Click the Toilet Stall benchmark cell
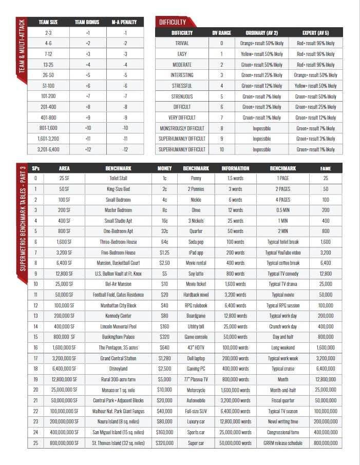(x=118, y=178)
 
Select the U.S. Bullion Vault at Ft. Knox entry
(x=118, y=274)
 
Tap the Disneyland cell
(x=118, y=369)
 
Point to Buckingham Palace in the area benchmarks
(x=118, y=337)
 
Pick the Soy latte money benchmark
(x=196, y=274)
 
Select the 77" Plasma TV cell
(x=196, y=379)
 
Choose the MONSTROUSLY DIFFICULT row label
(x=182, y=128)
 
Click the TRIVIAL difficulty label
(x=182, y=44)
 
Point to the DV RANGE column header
(x=221, y=33)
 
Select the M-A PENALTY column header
(x=125, y=22)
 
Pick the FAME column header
(x=325, y=168)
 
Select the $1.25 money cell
(x=164, y=253)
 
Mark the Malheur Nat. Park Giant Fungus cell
(x=118, y=411)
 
